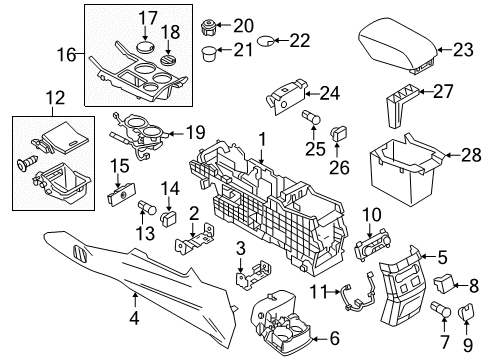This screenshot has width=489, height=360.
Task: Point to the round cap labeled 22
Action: (x=268, y=41)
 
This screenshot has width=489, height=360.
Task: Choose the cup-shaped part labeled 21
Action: (x=211, y=52)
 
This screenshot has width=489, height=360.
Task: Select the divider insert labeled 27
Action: (x=399, y=104)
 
